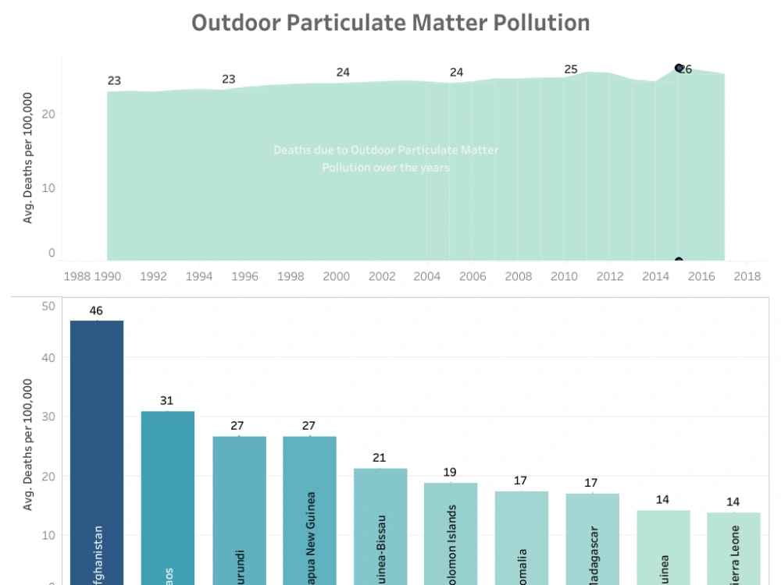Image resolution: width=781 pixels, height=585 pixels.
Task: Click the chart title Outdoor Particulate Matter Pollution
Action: tap(390, 23)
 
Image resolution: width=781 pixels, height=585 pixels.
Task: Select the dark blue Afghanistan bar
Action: tap(97, 452)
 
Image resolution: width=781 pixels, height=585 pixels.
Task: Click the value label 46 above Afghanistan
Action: tap(97, 310)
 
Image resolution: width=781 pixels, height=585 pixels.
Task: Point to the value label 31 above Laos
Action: tap(167, 401)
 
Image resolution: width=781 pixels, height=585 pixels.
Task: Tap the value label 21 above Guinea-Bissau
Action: tap(380, 458)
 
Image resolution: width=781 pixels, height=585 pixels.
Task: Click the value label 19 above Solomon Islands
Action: tap(451, 472)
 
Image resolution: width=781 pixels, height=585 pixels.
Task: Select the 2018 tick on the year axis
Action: tap(747, 276)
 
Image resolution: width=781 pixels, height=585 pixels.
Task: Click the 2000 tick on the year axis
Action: tap(337, 276)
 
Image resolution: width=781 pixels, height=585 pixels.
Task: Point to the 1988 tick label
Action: tap(77, 276)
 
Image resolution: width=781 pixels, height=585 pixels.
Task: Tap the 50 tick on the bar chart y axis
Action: tap(48, 306)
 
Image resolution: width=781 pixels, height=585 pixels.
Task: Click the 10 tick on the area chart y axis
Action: tap(48, 188)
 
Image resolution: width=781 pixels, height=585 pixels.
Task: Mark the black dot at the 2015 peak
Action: tap(679, 68)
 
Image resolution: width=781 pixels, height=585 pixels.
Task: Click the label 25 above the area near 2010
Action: tap(571, 69)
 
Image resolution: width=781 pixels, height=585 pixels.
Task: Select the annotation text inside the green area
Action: tap(386, 158)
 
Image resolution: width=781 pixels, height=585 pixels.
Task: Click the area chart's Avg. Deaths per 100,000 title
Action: tap(28, 158)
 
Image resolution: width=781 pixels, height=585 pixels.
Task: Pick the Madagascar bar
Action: tap(592, 538)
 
